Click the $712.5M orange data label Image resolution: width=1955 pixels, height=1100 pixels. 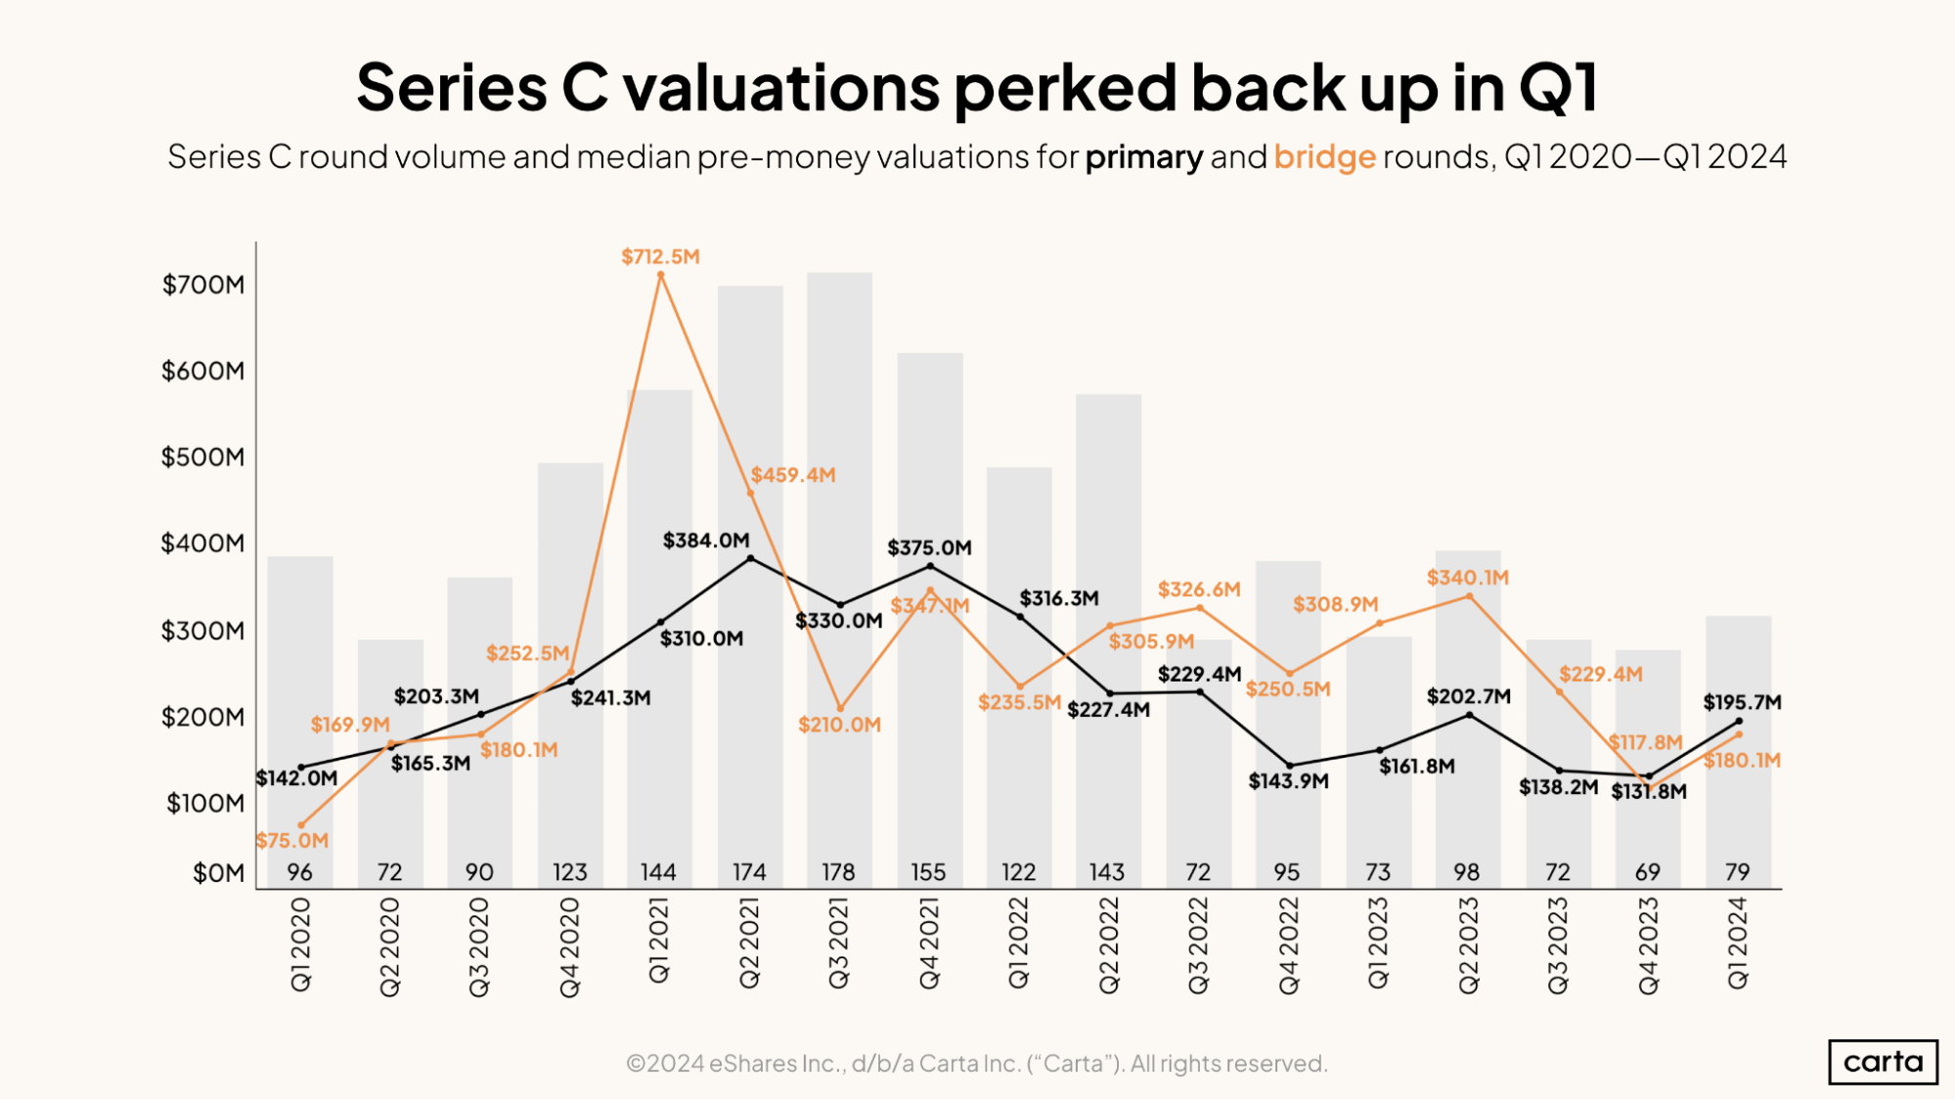660,257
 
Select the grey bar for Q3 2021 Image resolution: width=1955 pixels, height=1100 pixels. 839,440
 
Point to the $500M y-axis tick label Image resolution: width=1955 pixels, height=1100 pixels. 202,458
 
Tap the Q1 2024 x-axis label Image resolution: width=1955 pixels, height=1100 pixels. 1738,944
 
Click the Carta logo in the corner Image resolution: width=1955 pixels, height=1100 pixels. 1882,1061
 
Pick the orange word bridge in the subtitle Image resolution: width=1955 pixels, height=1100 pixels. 1324,156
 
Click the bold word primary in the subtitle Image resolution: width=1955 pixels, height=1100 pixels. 1143,156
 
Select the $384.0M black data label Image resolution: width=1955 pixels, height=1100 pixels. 706,541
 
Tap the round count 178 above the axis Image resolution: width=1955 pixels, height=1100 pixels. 838,872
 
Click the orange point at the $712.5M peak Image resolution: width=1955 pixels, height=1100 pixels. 661,276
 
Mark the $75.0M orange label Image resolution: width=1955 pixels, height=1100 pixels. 292,841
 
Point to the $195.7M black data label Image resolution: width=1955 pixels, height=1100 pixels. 1742,702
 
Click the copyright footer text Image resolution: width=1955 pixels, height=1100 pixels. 976,1064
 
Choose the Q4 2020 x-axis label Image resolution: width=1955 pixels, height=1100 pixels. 570,947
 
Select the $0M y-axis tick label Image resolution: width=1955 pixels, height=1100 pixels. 218,873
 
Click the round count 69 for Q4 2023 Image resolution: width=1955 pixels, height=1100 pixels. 1648,872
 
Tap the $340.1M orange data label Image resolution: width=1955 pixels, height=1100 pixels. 1467,578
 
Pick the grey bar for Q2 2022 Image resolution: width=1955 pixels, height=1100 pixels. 1108,548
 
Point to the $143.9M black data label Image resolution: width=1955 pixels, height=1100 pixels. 1288,781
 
